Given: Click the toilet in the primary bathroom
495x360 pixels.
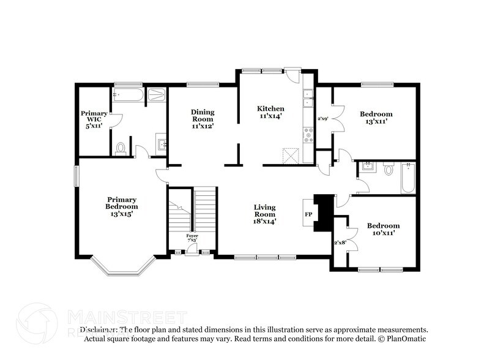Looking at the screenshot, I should pyautogui.click(x=121, y=148).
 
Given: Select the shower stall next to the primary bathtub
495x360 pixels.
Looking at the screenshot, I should pyautogui.click(x=157, y=95).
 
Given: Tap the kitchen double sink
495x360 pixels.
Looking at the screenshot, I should pyautogui.click(x=308, y=97).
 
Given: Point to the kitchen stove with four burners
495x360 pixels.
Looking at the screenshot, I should pyautogui.click(x=308, y=134).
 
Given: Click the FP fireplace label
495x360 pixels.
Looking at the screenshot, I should pyautogui.click(x=308, y=214).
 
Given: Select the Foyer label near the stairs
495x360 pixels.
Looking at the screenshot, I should pyautogui.click(x=192, y=236).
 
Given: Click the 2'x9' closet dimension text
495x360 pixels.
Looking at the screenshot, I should pyautogui.click(x=323, y=118).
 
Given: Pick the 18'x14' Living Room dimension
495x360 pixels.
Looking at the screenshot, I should pyautogui.click(x=266, y=222).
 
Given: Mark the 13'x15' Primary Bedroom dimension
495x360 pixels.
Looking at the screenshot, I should pyautogui.click(x=121, y=214).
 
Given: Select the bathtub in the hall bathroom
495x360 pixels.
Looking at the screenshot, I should pyautogui.click(x=408, y=178).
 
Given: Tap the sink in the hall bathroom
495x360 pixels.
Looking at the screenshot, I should pyautogui.click(x=367, y=166).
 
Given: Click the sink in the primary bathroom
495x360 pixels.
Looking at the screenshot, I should pyautogui.click(x=161, y=144).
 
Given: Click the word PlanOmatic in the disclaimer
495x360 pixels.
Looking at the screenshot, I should pyautogui.click(x=404, y=339).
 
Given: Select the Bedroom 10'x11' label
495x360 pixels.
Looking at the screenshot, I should pyautogui.click(x=384, y=229).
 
